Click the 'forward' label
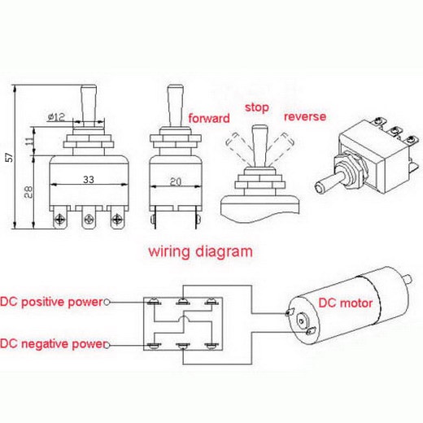coord(208,119)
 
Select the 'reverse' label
coord(305,116)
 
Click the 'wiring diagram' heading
coord(200,251)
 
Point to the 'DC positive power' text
coord(52,302)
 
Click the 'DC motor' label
coord(345,303)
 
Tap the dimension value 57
coord(8,158)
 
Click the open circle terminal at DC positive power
coord(107,303)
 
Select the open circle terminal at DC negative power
coord(107,344)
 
